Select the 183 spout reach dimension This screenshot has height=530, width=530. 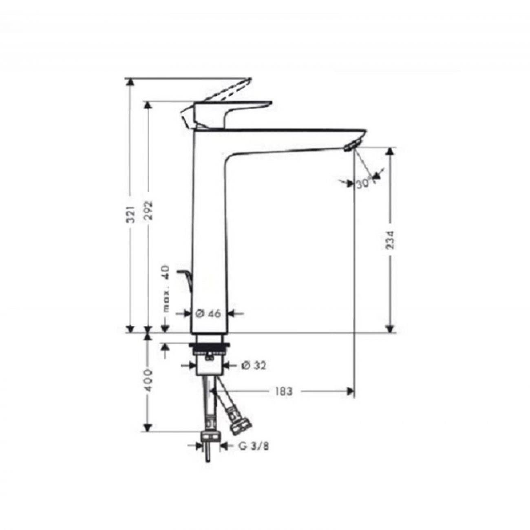(284, 391)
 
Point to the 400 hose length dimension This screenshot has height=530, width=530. (148, 381)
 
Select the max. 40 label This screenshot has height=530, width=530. (167, 289)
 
